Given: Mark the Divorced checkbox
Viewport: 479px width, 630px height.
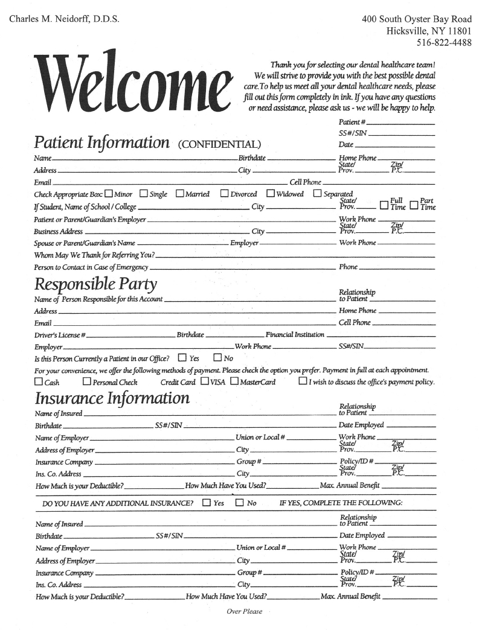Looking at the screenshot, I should pos(224,194).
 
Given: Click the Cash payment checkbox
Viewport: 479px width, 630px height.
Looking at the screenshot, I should pos(39,381).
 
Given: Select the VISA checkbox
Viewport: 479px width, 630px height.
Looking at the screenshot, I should pos(205,381).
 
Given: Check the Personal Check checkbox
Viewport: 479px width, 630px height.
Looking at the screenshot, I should pos(87,381).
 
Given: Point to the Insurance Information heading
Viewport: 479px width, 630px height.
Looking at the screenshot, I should pos(112,399).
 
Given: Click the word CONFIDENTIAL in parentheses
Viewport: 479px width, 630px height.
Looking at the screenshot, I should pos(219,144).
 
